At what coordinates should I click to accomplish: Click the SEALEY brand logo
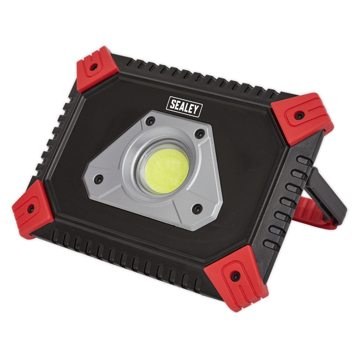click(x=185, y=107)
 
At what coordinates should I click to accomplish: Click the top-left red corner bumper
click(x=97, y=68)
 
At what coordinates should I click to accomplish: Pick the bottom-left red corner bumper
click(x=32, y=208)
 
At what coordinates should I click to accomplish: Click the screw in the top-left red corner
click(x=94, y=67)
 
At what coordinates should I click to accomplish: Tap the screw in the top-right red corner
click(x=298, y=114)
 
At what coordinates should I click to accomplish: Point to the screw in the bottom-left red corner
click(x=30, y=208)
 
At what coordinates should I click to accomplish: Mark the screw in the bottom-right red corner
click(x=235, y=276)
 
